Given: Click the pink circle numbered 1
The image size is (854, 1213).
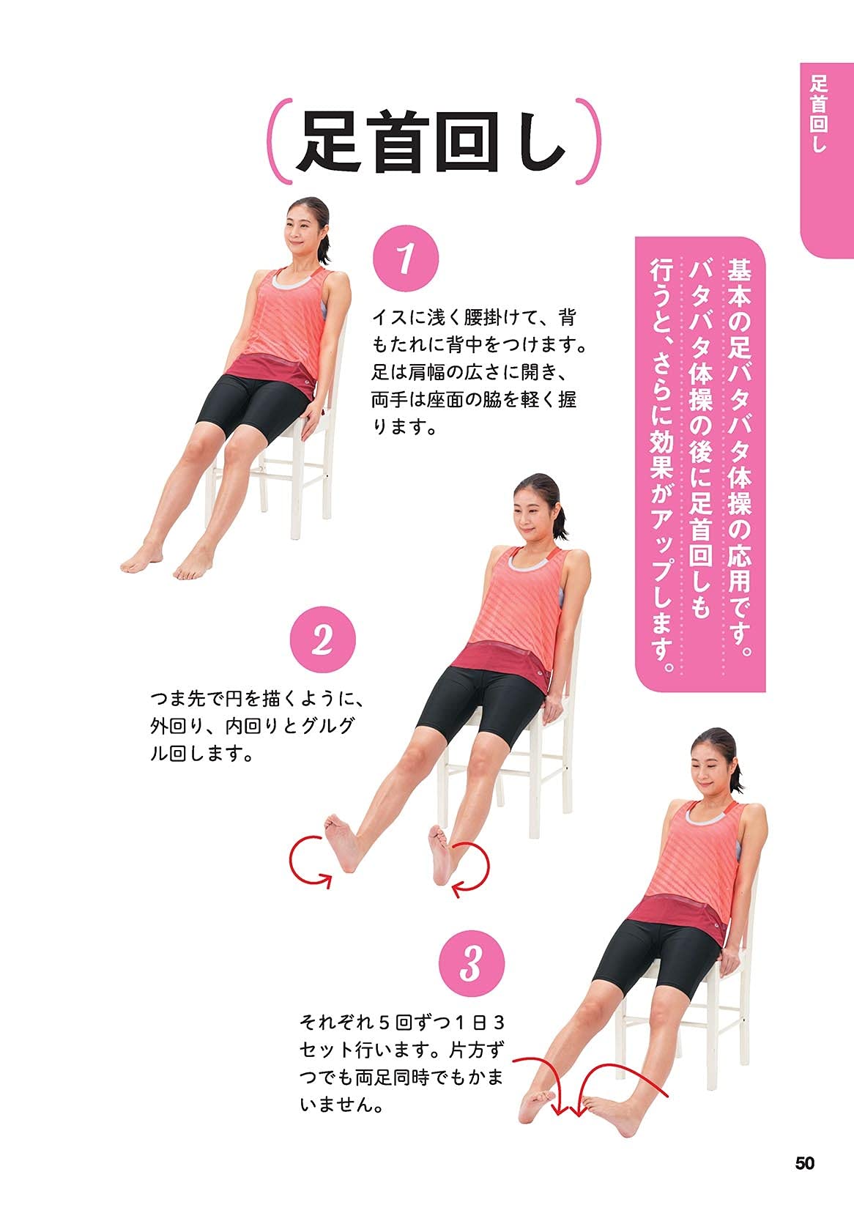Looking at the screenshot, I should (406, 259).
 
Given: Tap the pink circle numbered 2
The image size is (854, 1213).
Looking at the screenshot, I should (322, 641).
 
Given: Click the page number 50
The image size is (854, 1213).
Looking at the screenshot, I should (804, 1162).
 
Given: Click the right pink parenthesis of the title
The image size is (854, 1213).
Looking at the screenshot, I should (590, 141).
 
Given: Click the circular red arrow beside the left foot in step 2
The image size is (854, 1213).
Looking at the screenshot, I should (311, 863).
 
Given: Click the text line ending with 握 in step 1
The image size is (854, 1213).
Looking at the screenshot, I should (474, 399).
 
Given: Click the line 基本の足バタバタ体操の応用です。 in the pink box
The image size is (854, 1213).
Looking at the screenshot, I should (740, 454).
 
